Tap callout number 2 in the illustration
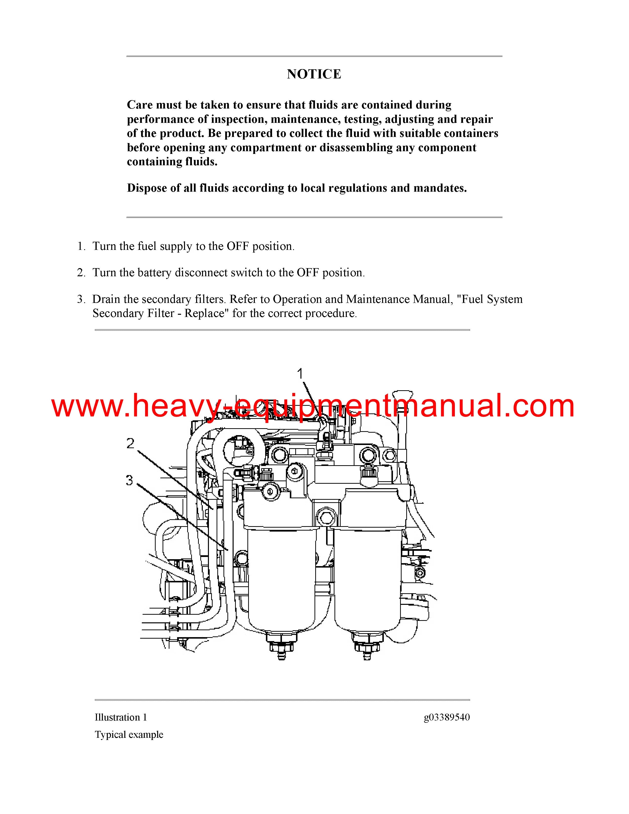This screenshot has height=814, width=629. click(130, 443)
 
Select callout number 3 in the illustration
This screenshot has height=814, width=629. click(129, 480)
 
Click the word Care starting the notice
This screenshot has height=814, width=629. click(140, 105)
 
